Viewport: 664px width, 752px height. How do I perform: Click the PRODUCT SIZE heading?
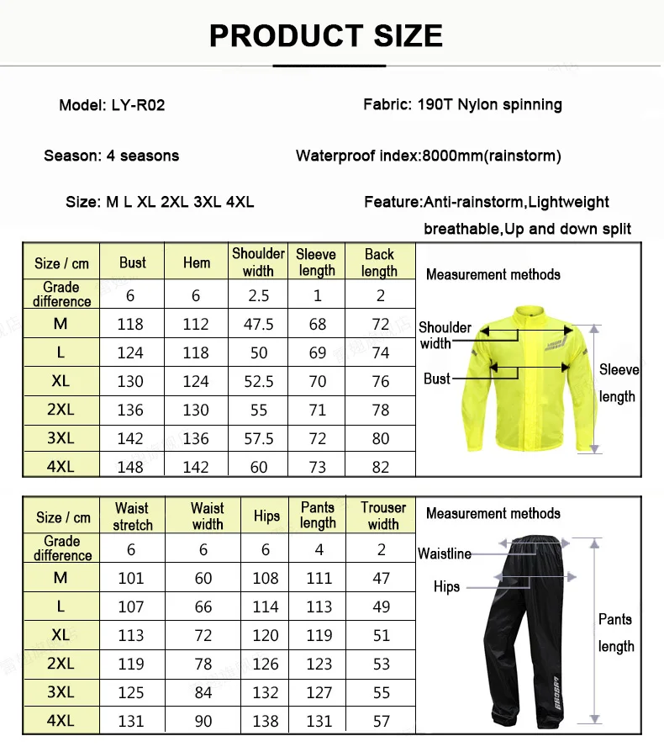tap(325, 35)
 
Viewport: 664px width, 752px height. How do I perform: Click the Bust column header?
tap(132, 262)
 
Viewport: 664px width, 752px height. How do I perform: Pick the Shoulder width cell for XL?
tap(258, 381)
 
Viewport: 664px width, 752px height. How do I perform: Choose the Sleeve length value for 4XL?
tap(317, 467)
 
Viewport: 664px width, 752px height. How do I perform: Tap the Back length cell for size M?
tap(380, 324)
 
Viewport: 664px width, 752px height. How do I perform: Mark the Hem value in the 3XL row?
tap(196, 438)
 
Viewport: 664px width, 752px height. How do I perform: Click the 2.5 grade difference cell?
tap(258, 295)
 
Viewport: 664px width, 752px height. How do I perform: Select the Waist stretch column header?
tap(132, 516)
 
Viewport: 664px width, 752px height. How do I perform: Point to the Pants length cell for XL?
tap(319, 635)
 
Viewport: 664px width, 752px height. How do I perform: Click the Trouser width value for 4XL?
tap(382, 721)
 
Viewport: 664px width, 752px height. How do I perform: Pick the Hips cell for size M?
tap(266, 578)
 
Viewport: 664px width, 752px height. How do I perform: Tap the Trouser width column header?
tap(382, 516)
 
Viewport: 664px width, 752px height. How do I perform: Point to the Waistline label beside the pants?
tap(445, 553)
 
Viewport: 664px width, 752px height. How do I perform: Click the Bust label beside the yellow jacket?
tap(437, 379)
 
